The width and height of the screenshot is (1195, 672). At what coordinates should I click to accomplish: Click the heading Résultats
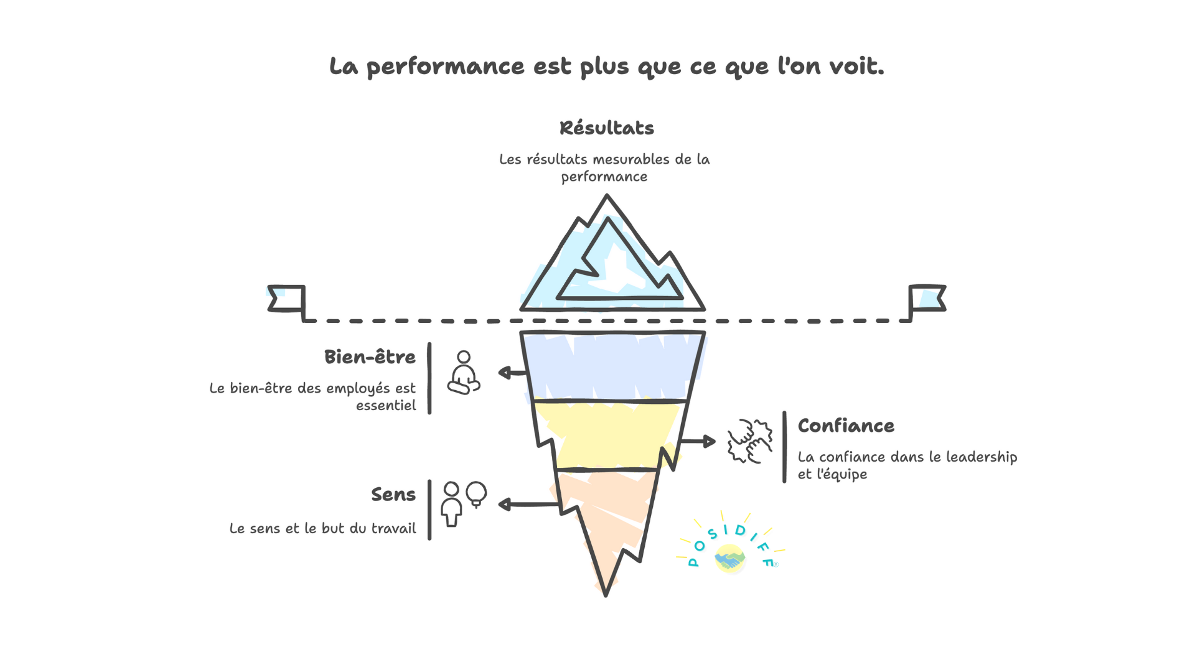tap(607, 128)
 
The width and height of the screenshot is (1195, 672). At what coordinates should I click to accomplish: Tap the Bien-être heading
tap(370, 357)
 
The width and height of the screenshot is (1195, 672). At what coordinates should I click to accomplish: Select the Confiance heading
tap(846, 426)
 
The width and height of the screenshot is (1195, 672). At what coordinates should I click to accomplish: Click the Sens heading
tap(393, 495)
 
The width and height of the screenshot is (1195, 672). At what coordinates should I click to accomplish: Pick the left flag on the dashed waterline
tap(286, 298)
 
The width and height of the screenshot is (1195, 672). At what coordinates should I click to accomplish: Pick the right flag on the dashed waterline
tap(927, 298)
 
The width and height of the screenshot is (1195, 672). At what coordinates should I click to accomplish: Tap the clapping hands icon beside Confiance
tap(750, 441)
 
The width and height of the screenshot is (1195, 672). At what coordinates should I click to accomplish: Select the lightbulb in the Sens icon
tap(476, 494)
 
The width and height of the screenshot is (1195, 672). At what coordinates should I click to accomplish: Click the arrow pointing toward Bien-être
tap(512, 373)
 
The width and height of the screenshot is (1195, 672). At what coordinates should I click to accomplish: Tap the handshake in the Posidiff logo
tap(729, 559)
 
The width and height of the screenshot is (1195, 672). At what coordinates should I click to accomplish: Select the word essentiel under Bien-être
tap(386, 406)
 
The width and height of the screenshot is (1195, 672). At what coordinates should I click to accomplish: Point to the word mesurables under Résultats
tap(632, 160)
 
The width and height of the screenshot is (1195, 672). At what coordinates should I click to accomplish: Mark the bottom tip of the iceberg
tap(606, 594)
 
